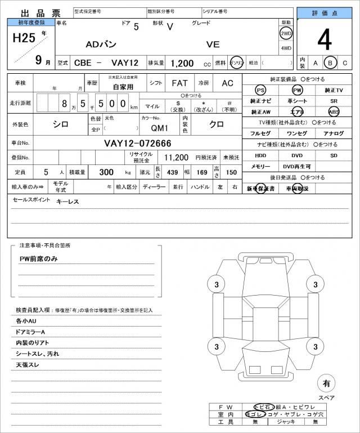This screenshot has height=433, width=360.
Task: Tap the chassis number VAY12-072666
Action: click(x=138, y=143)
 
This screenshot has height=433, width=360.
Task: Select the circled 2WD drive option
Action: click(x=286, y=33)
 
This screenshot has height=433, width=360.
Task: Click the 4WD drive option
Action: click(x=286, y=48)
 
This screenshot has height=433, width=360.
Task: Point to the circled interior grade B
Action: click(x=331, y=63)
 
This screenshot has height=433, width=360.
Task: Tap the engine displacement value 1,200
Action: click(x=182, y=63)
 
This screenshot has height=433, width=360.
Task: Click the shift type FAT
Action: click(x=180, y=83)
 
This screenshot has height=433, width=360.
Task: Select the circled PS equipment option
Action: click(x=260, y=90)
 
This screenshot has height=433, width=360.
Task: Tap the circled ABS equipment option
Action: click(x=334, y=111)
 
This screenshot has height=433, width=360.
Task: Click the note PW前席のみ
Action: click(x=39, y=258)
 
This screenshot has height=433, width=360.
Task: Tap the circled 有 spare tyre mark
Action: click(x=326, y=383)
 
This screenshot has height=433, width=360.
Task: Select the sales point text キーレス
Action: click(x=67, y=201)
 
